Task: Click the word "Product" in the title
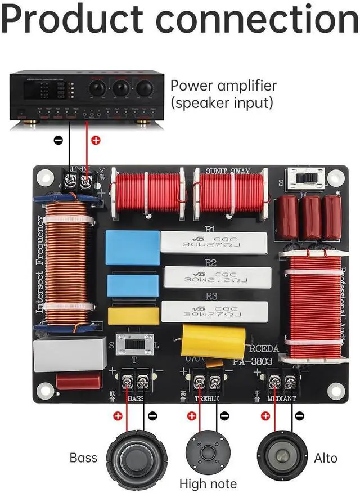pos(75,21)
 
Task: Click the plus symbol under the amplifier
pos(95,141)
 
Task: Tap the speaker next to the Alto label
pos(282,455)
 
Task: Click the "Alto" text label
pos(326,458)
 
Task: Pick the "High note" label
pos(208,483)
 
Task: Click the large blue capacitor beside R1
pos(132,247)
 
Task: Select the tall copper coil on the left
pos(67,262)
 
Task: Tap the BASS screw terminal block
pos(135,382)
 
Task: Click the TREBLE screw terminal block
pos(206,383)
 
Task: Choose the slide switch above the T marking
pos(135,343)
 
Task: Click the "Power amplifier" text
pos(223,86)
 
